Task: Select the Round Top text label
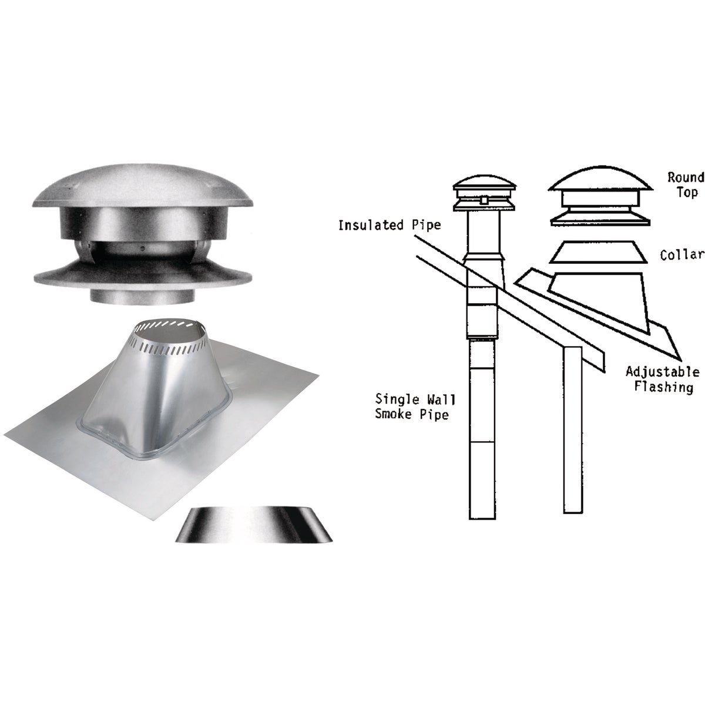(684, 184)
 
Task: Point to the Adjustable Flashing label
(662, 380)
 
